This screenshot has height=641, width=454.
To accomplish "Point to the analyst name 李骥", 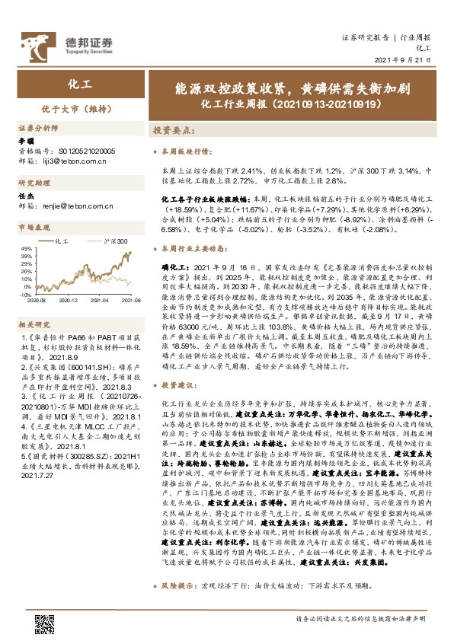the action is [x=27, y=142].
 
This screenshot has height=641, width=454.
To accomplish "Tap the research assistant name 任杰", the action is [x=27, y=194].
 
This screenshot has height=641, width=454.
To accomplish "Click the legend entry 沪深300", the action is [x=113, y=239].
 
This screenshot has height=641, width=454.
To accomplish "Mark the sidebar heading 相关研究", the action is [x=32, y=324].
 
